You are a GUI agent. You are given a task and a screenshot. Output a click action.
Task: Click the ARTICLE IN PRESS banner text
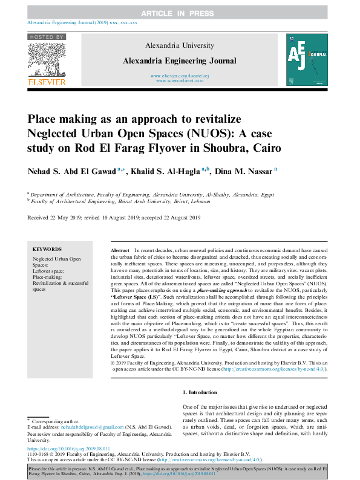pyautogui.click(x=180, y=13)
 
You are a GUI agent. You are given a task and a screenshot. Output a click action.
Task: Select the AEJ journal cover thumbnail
pyautogui.click(x=306, y=59)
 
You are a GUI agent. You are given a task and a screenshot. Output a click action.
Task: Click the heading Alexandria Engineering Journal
pyautogui.click(x=179, y=60)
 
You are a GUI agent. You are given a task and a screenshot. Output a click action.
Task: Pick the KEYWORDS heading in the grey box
pyautogui.click(x=47, y=249)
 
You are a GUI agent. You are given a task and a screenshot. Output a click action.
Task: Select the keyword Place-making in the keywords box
pyautogui.click(x=47, y=277)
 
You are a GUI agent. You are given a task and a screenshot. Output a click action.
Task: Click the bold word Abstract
pyautogui.click(x=120, y=250)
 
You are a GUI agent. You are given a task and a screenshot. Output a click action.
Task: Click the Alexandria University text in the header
pyautogui.click(x=179, y=45)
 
